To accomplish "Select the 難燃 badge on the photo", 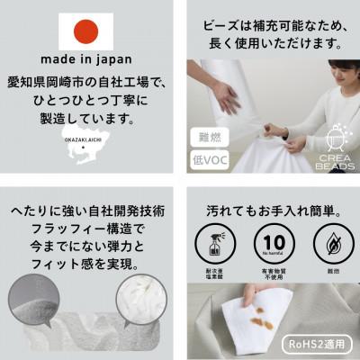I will pyautogui.click(x=207, y=138).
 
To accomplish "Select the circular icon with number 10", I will pyautogui.click(x=273, y=240).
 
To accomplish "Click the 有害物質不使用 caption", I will pyautogui.click(x=273, y=273).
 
